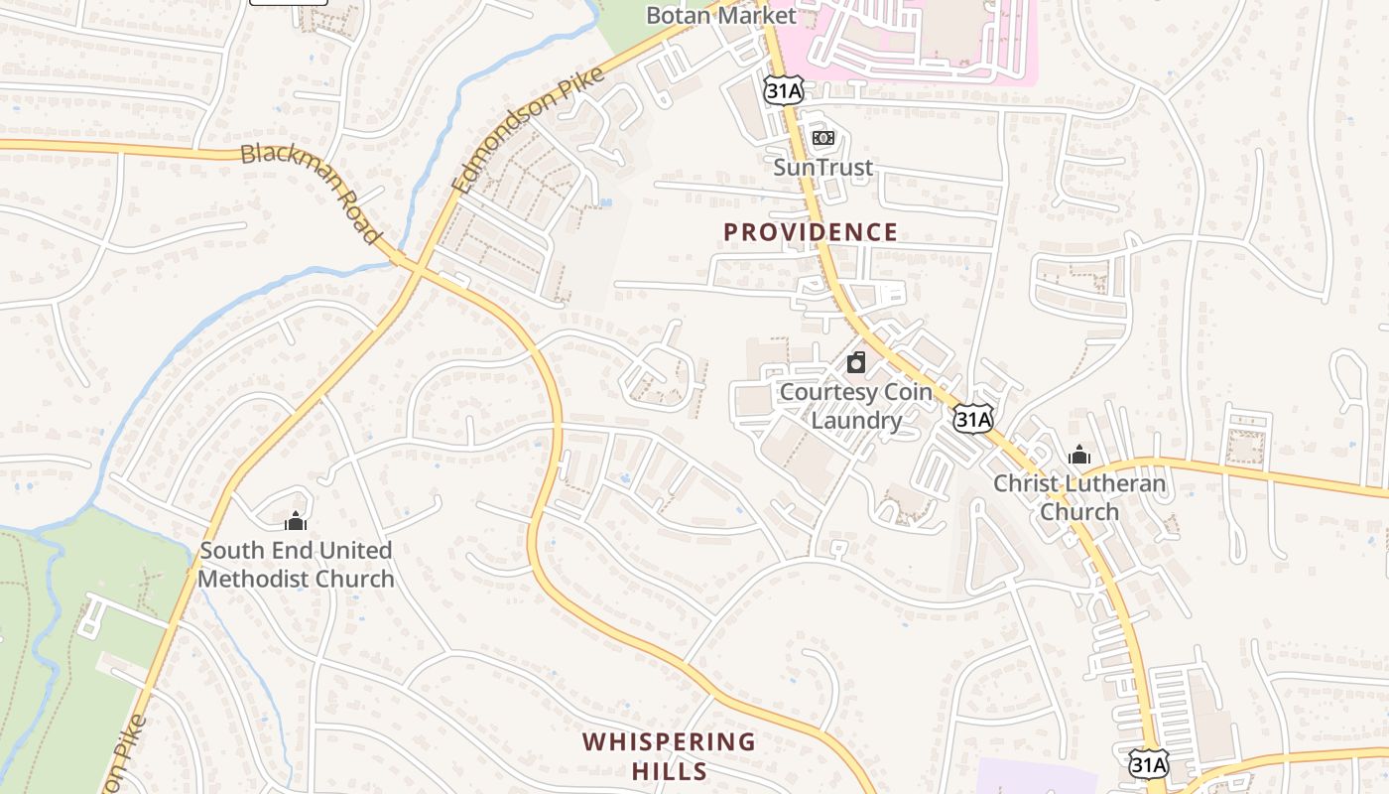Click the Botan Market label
pyautogui.click(x=720, y=15)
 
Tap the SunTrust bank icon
pyautogui.click(x=822, y=138)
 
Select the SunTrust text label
pyautogui.click(x=822, y=167)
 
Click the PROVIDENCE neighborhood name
pyautogui.click(x=810, y=232)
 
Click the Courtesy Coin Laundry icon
pyautogui.click(x=856, y=362)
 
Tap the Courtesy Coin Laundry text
pyautogui.click(x=856, y=406)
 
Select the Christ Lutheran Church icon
pyautogui.click(x=1079, y=456)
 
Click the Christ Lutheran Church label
pyautogui.click(x=1079, y=498)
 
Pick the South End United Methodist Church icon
pyautogui.click(x=296, y=521)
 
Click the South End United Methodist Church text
pyautogui.click(x=296, y=564)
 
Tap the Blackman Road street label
pyautogui.click(x=312, y=193)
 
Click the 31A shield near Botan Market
pyautogui.click(x=783, y=89)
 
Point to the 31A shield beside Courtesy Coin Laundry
pyautogui.click(x=972, y=419)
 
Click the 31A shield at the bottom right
pyautogui.click(x=1148, y=764)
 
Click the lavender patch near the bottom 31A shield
pyautogui.click(x=1032, y=776)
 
